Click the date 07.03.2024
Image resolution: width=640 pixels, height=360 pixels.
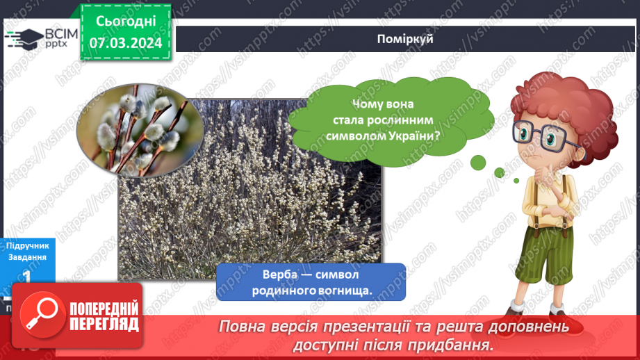(125, 43)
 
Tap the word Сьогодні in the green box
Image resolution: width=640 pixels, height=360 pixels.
(125, 22)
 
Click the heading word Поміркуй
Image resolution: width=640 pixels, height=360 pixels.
(407, 39)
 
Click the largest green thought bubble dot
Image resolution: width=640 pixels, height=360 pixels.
(478, 162)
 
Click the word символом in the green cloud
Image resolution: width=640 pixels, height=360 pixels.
(354, 136)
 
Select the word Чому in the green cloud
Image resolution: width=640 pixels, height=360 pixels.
(368, 104)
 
